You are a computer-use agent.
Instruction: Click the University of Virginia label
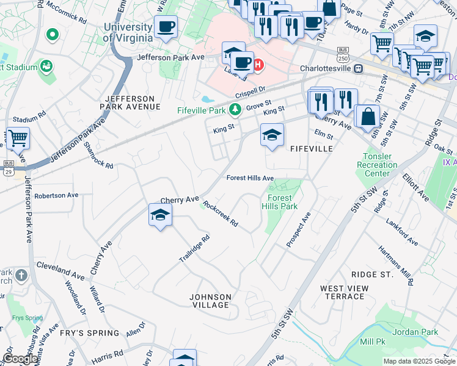[128, 32]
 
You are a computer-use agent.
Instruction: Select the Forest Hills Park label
[280, 202]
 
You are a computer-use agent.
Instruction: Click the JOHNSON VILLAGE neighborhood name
[210, 301]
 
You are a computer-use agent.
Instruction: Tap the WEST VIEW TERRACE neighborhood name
[344, 292]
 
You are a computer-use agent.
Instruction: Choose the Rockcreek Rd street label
[221, 214]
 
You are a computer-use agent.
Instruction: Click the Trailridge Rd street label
[194, 249]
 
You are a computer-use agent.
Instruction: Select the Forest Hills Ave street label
[250, 178]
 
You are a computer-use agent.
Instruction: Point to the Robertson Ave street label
[56, 195]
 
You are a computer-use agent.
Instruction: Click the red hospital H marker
[258, 63]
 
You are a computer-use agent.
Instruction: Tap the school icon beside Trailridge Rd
[160, 215]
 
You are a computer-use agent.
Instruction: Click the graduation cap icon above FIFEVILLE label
[272, 135]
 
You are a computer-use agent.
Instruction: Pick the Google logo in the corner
[21, 359]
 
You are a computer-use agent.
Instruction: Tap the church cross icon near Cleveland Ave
[21, 276]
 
